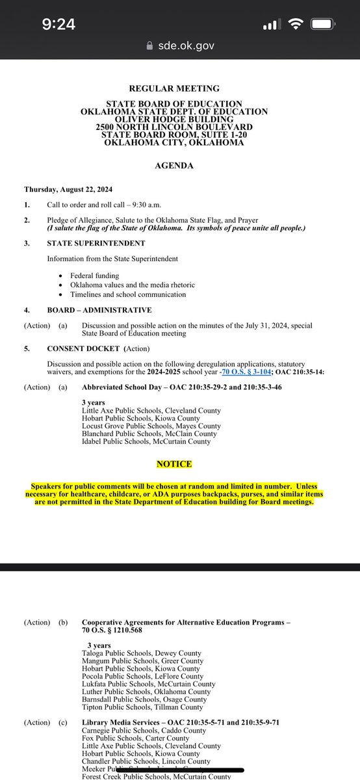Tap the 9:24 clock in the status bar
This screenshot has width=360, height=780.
(59, 25)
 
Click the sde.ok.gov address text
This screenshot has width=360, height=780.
(185, 45)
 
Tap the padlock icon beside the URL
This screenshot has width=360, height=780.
(151, 45)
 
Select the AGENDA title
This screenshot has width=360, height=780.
(174, 166)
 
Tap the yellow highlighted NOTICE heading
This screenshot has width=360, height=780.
(174, 464)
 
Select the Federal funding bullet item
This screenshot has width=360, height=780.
(96, 276)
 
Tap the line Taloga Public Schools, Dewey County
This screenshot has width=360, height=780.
(142, 653)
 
